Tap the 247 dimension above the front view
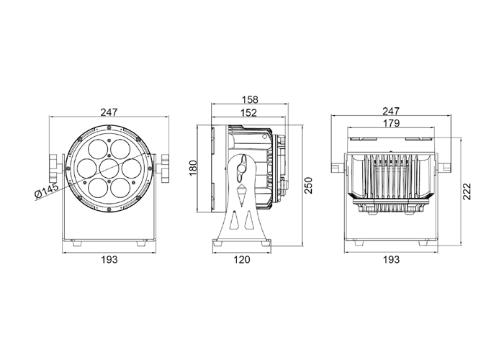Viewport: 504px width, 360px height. click(109, 112)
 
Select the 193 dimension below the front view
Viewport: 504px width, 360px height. click(109, 259)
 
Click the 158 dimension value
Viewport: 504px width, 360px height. click(250, 99)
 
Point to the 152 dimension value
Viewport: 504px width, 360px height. click(249, 112)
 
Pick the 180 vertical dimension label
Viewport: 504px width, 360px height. click(193, 168)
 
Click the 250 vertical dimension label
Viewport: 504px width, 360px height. click(308, 185)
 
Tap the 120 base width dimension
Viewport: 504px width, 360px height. click(241, 259)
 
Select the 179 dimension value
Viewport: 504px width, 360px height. click(391, 123)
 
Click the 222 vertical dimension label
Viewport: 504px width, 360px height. click(467, 192)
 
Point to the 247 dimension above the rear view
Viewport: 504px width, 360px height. click(391, 111)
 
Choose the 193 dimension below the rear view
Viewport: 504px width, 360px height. click(391, 259)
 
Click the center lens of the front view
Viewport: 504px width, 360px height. click(109, 168)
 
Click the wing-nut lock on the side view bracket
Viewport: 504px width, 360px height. click(242, 168)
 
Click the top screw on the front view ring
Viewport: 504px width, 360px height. click(109, 127)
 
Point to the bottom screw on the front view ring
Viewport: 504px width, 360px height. click(109, 210)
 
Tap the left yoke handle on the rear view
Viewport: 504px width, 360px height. click(338, 168)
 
